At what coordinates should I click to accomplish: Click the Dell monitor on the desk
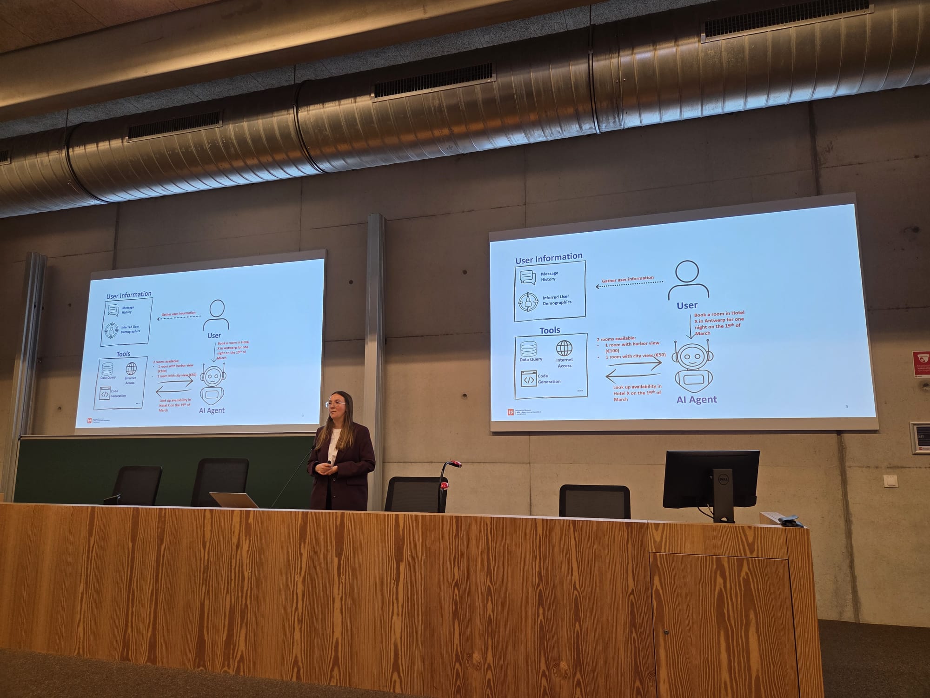tap(711, 480)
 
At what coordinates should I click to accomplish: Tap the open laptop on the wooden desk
tap(234, 500)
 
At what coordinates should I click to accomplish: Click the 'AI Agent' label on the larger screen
tap(696, 399)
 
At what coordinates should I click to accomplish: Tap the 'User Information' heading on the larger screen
tap(549, 257)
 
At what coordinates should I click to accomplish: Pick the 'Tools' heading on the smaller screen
tap(123, 354)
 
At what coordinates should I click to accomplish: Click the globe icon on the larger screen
tap(564, 348)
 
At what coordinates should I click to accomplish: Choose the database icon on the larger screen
tap(528, 349)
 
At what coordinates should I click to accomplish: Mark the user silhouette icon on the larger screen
tap(688, 280)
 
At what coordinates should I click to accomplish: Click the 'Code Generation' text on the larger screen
tap(549, 378)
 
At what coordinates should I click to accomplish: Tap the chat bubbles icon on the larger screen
tap(528, 277)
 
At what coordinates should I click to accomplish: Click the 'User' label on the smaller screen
tap(214, 336)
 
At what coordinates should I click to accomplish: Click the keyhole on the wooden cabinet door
tap(666, 632)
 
